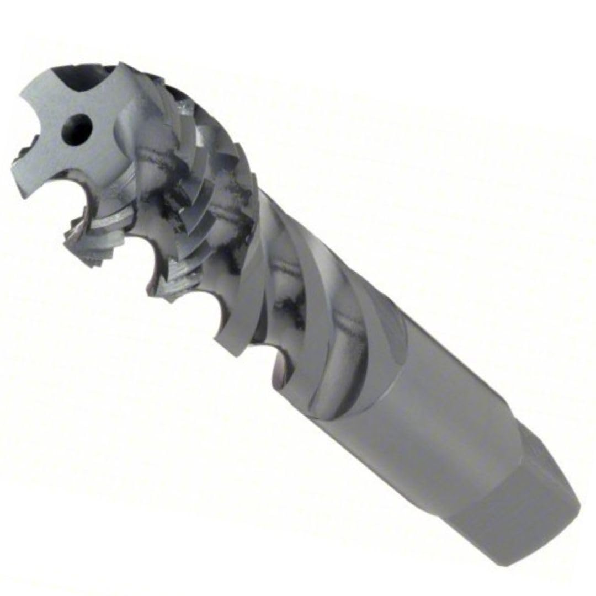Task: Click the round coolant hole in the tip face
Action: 78,127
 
